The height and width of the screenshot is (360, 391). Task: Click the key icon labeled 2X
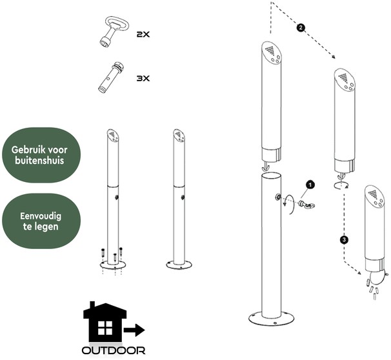pos(114,31)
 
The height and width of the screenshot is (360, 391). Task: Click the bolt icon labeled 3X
pos(110,77)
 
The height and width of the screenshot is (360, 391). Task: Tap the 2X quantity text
pos(143,34)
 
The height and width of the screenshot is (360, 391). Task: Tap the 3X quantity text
pos(143,79)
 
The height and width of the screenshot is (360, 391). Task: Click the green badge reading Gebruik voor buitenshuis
pos(41,155)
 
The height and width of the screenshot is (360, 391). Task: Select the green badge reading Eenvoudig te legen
pos(41,221)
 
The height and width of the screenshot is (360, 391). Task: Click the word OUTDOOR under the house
pos(114,350)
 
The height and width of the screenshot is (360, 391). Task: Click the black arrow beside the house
pos(134,330)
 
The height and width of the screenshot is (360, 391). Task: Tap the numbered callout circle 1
pos(310,185)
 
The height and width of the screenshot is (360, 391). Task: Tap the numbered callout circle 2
pos(301,28)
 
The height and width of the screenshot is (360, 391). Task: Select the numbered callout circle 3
pos(344,240)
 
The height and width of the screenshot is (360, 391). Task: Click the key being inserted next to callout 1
pos(306,205)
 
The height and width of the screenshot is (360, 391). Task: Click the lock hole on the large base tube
pos(277,197)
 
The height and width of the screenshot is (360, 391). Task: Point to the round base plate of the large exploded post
pos(271,318)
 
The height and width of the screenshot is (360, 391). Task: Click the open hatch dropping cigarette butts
pos(377,277)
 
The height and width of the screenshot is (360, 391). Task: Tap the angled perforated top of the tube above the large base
pos(272,53)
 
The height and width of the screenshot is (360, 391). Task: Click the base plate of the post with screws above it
pos(113,265)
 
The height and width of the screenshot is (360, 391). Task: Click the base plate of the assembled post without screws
pos(179,265)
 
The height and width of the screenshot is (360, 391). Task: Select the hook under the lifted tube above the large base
pos(266,166)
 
